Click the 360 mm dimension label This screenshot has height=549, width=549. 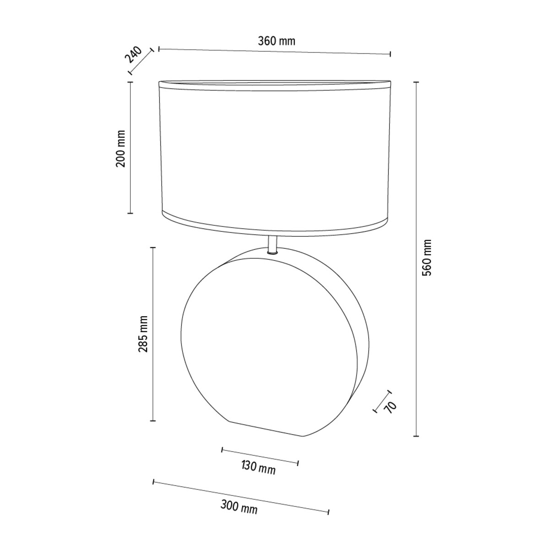pos(276,41)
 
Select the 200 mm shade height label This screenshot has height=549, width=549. pos(120,149)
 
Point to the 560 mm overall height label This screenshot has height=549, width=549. pos(427,258)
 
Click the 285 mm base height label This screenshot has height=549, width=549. pos(143,334)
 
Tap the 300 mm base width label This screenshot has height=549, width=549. pos(239,507)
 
